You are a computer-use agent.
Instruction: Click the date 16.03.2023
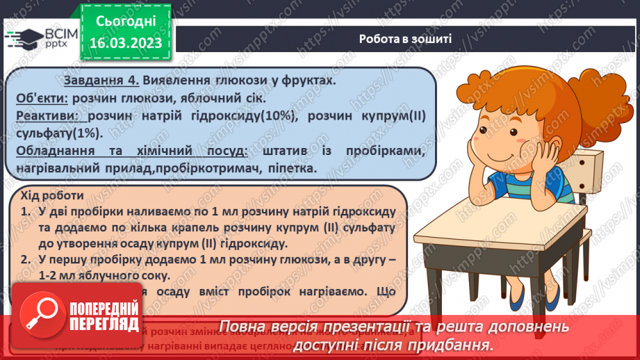pyautogui.click(x=125, y=43)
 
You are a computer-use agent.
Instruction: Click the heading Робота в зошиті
pyautogui.click(x=406, y=38)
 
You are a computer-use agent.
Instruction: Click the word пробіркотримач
pyautogui.click(x=244, y=168)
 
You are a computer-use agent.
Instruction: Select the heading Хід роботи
pyautogui.click(x=52, y=197)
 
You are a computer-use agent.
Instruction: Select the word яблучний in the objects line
pyautogui.click(x=205, y=98)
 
